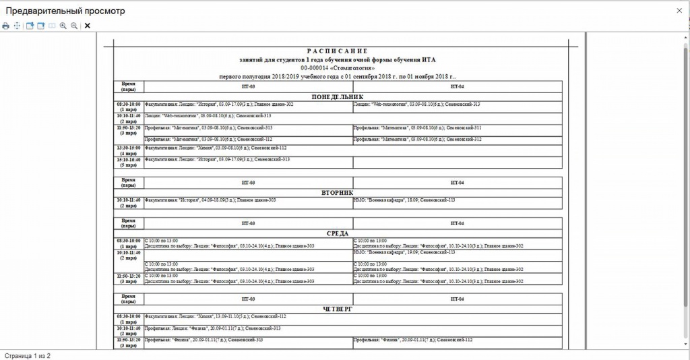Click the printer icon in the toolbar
[x=5, y=26]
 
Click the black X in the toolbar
[x=88, y=26]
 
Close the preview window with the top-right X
[x=679, y=11]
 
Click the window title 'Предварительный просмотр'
[x=66, y=11]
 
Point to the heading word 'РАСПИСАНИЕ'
[x=338, y=51]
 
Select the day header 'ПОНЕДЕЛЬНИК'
[x=338, y=97]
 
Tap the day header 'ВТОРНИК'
[x=338, y=192]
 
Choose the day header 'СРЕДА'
[x=338, y=233]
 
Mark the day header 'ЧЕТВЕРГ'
[x=338, y=309]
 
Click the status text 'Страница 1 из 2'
[x=28, y=355]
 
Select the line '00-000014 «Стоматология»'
[x=338, y=68]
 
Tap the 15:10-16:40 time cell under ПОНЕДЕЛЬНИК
[x=128, y=162]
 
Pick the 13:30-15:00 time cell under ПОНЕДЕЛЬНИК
[x=128, y=150]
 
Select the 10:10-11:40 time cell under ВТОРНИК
[x=128, y=203]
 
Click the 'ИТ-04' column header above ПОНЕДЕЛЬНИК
[x=457, y=87]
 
